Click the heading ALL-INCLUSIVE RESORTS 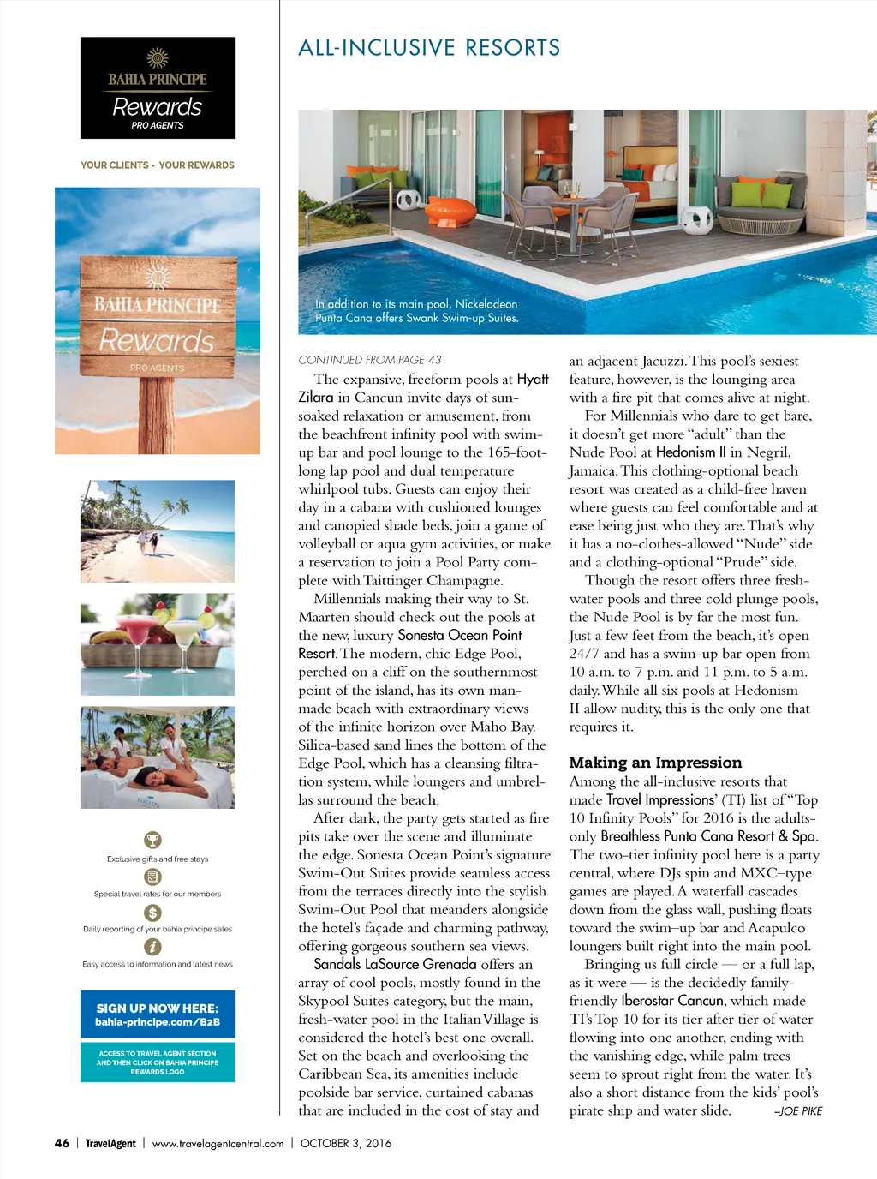click(x=429, y=48)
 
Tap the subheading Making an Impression click(x=655, y=763)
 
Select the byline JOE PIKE click(x=798, y=1111)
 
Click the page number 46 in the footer click(x=62, y=1143)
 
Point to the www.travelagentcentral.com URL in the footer click(x=218, y=1143)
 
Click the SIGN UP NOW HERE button click(x=158, y=1014)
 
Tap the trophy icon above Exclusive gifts click(x=152, y=840)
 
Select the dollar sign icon click(x=152, y=913)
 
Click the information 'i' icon click(x=152, y=947)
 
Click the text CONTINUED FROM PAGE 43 click(x=370, y=360)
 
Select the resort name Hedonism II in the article click(x=690, y=452)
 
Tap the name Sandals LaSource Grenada click(x=395, y=964)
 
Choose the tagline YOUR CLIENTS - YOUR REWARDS click(x=158, y=165)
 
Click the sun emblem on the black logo click(x=158, y=57)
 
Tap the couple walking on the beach click(x=147, y=542)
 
